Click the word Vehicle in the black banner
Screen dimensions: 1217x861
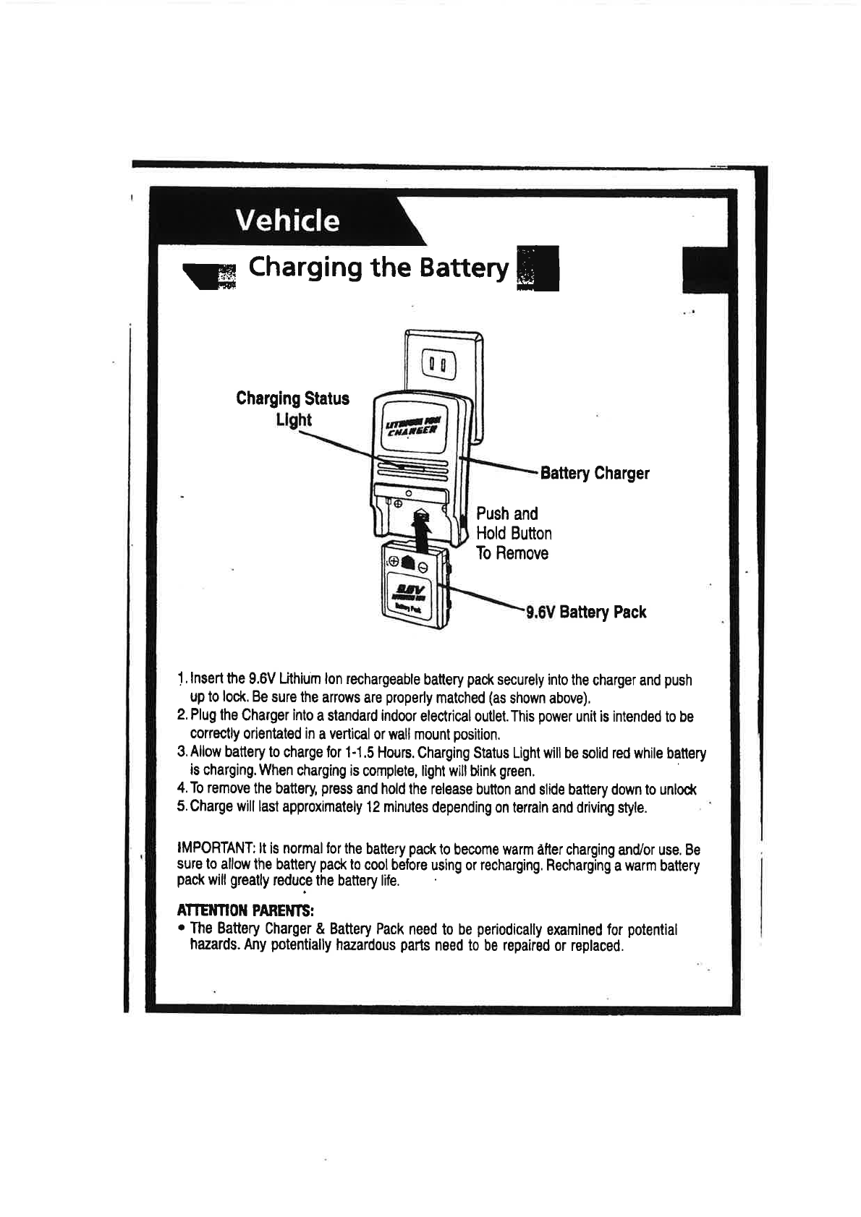(x=288, y=221)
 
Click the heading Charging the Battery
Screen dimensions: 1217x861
(x=378, y=268)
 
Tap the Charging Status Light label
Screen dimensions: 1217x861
(x=292, y=409)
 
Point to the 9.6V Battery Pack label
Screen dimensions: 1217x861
(x=586, y=612)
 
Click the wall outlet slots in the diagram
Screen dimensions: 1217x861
(x=439, y=365)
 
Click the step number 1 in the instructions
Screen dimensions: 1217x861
(x=181, y=680)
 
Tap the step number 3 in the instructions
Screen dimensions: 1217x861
(x=181, y=753)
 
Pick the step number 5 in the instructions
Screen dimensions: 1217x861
(x=181, y=807)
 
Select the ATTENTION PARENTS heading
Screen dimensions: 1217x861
(x=245, y=909)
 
